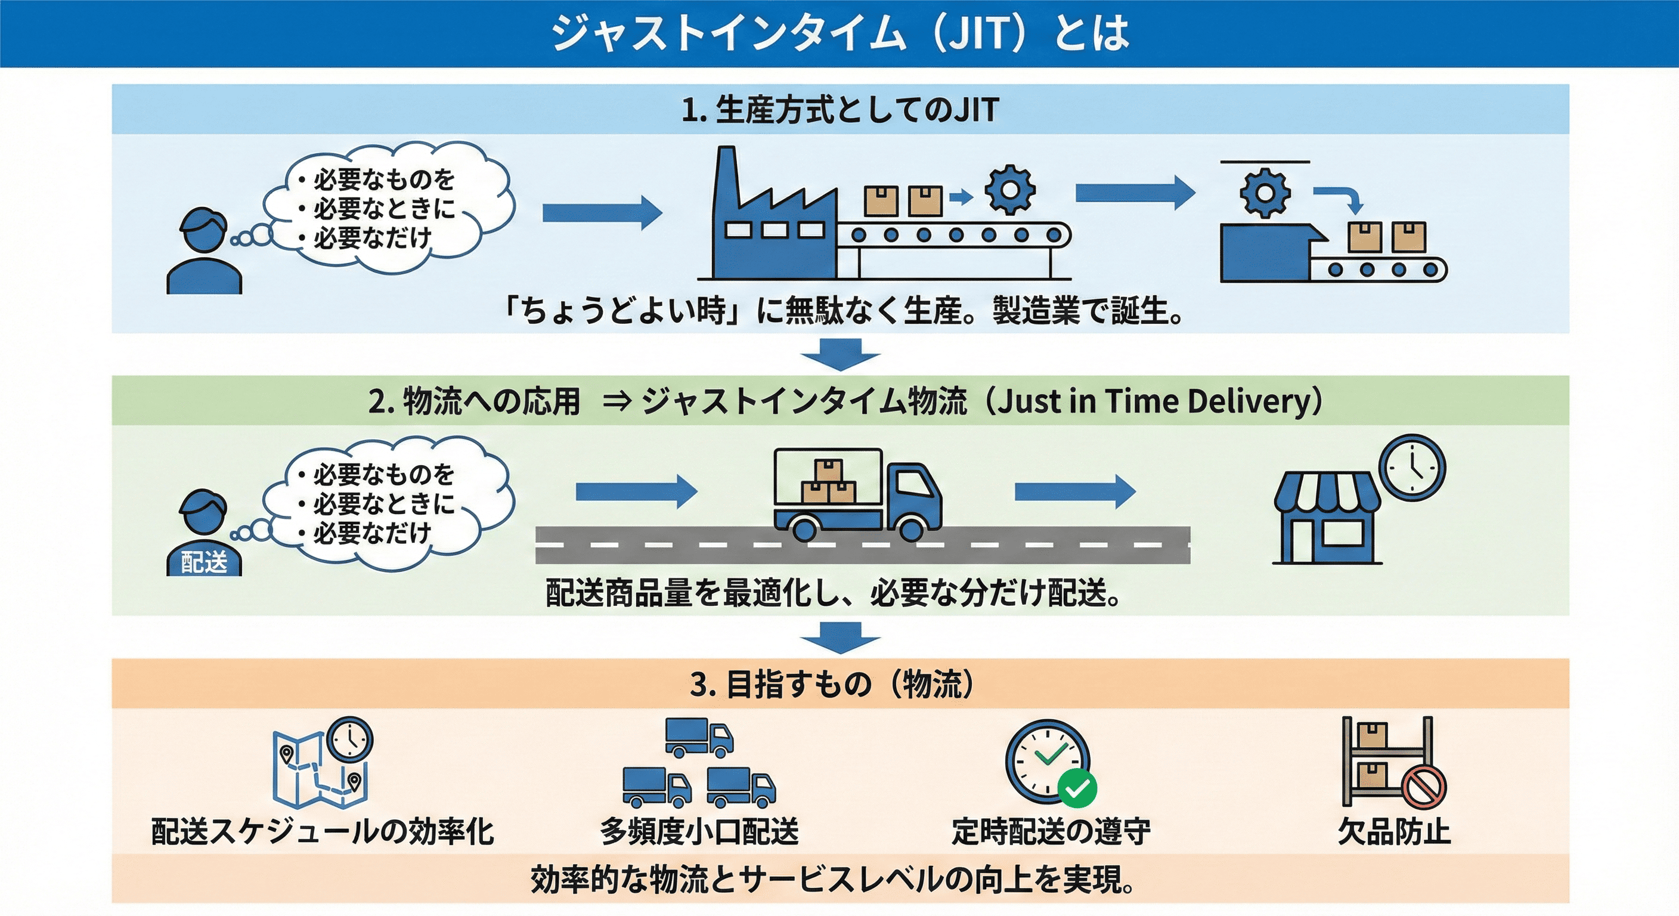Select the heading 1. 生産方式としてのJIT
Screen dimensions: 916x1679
point(839,110)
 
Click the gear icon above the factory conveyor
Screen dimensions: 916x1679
point(1009,190)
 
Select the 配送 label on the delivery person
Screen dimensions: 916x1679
point(204,562)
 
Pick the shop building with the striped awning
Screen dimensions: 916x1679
point(1327,518)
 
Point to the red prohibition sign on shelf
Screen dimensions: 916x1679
point(1424,786)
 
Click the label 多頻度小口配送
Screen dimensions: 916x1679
point(699,831)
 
